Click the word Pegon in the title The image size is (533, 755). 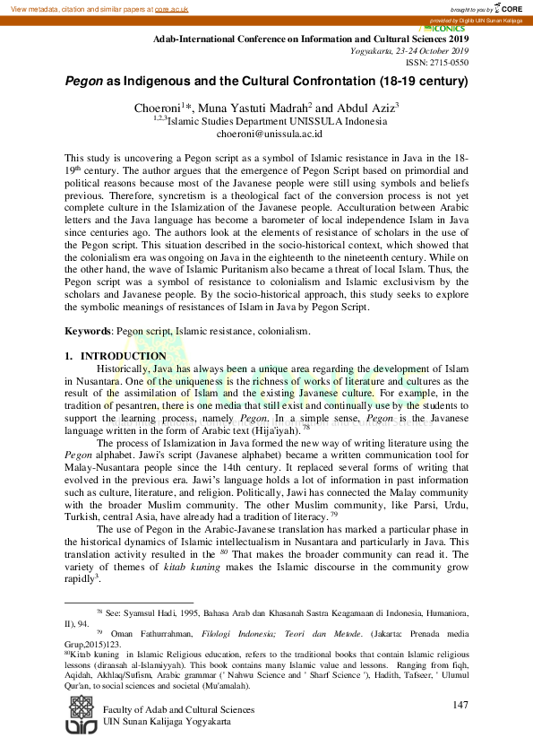pyautogui.click(x=83, y=81)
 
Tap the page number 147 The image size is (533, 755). pyautogui.click(x=460, y=706)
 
